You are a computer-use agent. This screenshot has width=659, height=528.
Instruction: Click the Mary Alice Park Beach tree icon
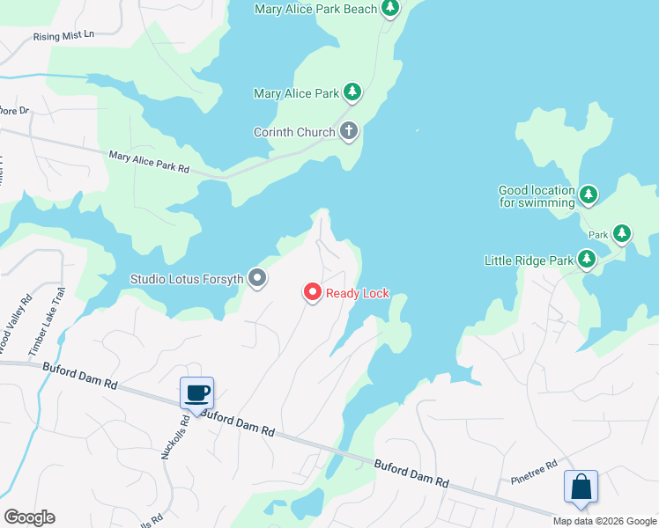(389, 9)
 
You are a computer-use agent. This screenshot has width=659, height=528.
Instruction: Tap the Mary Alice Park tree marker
(352, 92)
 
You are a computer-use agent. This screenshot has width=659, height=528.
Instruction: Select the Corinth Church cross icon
(349, 132)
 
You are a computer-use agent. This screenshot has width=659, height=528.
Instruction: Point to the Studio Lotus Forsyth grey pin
(257, 279)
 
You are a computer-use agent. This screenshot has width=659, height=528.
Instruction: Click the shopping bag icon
(581, 486)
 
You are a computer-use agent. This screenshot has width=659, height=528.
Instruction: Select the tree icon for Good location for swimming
(589, 195)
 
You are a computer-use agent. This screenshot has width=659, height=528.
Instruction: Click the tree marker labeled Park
(623, 234)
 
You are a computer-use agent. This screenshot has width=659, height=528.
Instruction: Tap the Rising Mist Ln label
(63, 37)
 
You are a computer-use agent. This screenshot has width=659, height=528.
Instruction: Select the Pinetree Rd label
(535, 473)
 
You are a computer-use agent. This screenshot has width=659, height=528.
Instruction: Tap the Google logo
(29, 517)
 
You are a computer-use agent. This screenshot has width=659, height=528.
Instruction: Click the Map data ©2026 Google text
(604, 521)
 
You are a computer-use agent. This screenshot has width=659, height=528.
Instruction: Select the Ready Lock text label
(358, 293)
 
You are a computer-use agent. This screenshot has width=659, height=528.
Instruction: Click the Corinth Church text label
(294, 133)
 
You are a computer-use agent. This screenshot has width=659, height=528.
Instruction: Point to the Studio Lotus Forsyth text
(186, 279)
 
